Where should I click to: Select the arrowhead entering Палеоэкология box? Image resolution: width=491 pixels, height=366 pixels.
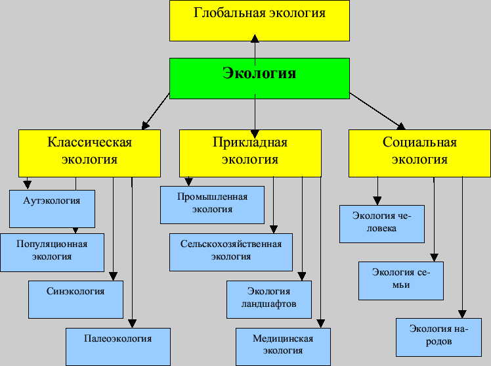click(132, 323)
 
